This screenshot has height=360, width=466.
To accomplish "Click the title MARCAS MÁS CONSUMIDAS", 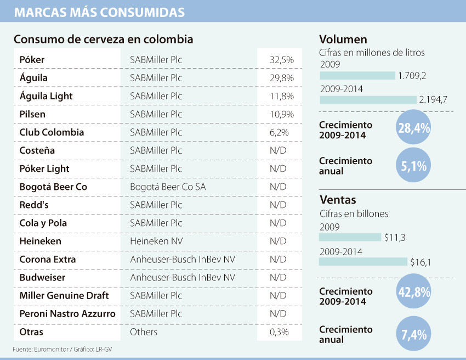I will click(x=99, y=12).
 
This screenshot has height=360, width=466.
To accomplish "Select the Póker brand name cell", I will click(x=32, y=59).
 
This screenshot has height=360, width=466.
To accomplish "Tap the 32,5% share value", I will click(x=282, y=59).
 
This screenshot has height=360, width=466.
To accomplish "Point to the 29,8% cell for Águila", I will click(x=282, y=78).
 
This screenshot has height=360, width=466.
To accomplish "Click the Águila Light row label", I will click(x=46, y=96).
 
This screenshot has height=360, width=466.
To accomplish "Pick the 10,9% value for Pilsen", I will click(x=282, y=114).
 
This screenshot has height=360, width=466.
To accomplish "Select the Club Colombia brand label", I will click(x=52, y=132).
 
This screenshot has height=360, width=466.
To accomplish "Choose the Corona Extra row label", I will click(x=48, y=259).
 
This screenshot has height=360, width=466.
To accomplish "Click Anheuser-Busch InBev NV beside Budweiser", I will click(x=183, y=277).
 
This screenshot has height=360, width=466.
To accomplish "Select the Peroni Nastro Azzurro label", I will click(x=67, y=314).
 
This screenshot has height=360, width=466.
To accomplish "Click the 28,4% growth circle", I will click(x=413, y=128).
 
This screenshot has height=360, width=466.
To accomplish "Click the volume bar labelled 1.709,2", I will click(x=357, y=75).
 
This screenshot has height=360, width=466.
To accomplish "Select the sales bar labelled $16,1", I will click(x=363, y=262).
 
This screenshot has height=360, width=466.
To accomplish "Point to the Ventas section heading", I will click(x=337, y=200).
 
